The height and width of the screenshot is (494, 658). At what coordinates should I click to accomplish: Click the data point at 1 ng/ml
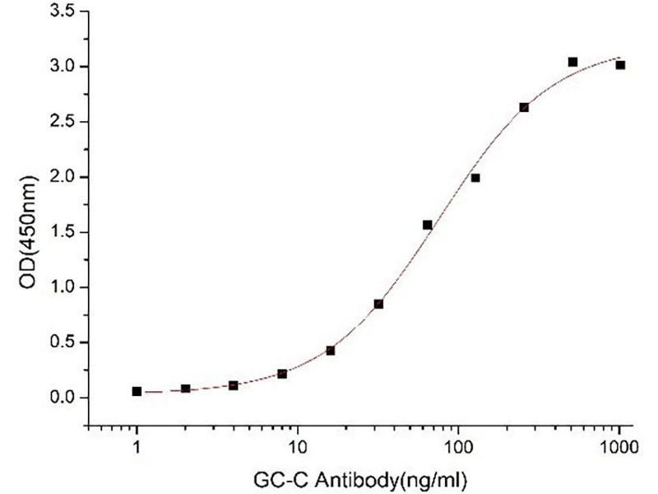pos(137,392)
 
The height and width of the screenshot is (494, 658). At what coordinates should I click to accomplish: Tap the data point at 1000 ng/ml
pos(620,65)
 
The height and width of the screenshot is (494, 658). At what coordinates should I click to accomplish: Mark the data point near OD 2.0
pos(475,178)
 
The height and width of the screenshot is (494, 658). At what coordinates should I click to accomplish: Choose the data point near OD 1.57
pos(427,225)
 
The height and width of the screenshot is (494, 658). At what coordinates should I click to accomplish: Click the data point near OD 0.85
pos(378,304)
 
